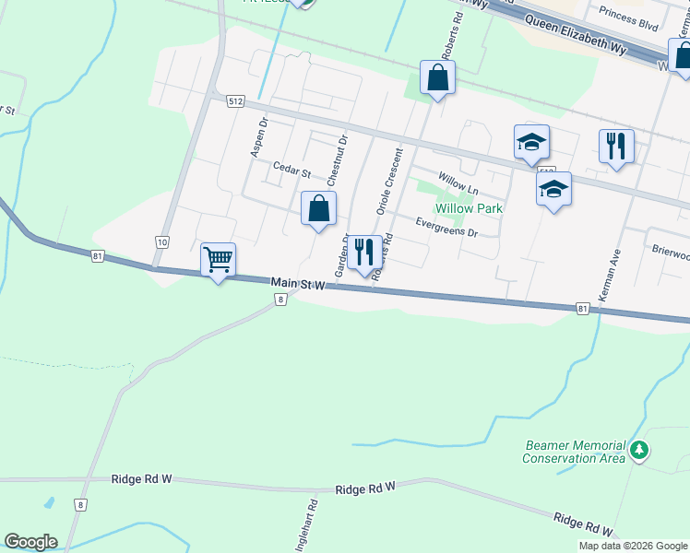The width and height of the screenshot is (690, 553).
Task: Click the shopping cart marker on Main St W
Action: [218, 261]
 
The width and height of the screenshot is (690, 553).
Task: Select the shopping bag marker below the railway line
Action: [437, 78]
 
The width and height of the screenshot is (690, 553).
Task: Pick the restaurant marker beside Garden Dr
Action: [364, 253]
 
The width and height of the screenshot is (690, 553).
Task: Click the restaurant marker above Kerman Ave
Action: [615, 147]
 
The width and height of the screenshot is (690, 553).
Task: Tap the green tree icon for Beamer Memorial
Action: [638, 452]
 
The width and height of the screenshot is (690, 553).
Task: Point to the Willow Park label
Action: [469, 208]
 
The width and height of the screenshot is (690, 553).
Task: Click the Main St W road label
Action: [299, 286]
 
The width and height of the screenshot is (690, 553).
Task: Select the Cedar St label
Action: [291, 169]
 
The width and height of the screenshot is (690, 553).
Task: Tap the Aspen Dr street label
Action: [258, 136]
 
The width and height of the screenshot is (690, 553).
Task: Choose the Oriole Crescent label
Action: [388, 182]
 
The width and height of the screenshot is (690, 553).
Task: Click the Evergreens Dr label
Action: [446, 227]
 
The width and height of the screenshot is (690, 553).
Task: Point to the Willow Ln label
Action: [458, 183]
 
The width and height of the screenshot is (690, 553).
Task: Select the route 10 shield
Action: [162, 242]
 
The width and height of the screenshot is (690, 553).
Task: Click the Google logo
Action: [30, 542]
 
